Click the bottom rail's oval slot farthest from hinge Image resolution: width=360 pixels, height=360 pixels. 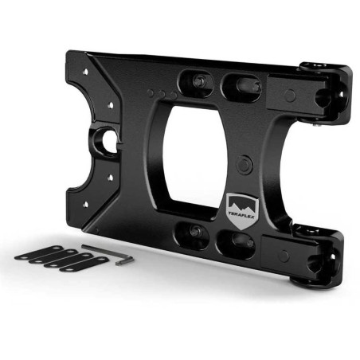click(x=195, y=232)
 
